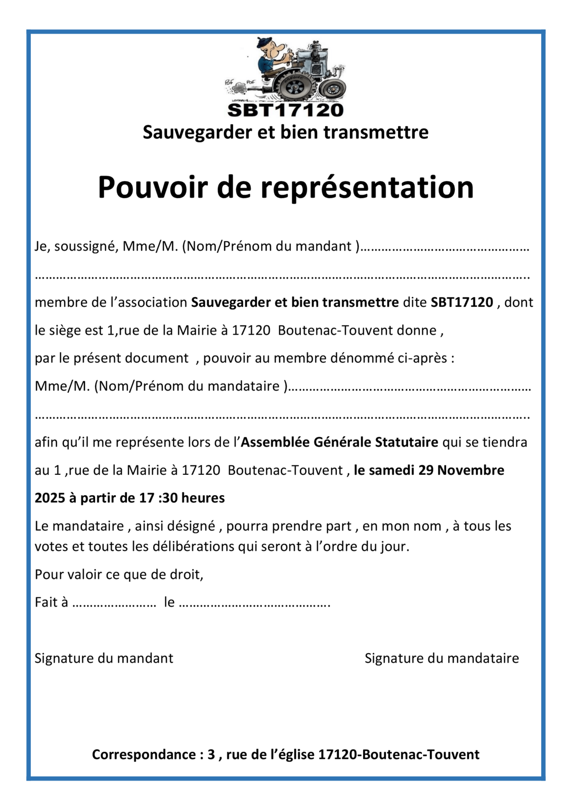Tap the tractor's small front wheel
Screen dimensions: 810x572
coord(332,90)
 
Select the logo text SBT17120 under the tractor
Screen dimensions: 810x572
coord(286,110)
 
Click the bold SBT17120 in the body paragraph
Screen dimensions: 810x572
coord(462,302)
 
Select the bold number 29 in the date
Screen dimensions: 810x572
coord(426,470)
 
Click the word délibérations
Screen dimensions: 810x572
coord(195,546)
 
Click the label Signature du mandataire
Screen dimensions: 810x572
coord(442,658)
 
